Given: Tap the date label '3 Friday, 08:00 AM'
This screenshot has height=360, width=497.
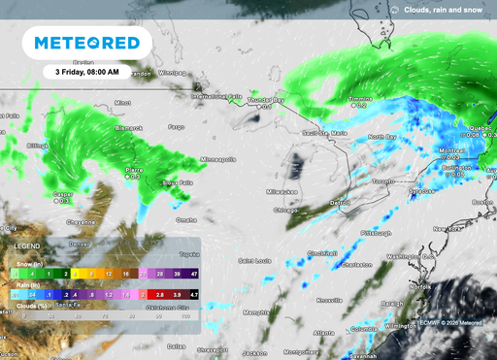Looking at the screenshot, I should [88, 72].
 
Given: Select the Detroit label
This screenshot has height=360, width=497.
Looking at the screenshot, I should [339, 202].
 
